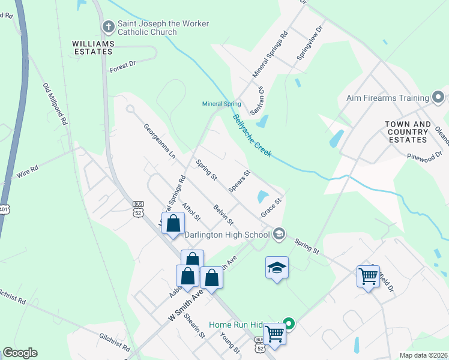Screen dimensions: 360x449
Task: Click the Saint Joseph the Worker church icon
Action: [x=108, y=26]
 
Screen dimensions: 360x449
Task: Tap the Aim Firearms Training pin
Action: [x=439, y=97]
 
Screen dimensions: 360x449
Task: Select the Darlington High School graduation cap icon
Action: [x=279, y=233]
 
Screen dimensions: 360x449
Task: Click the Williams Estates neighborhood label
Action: [x=92, y=47]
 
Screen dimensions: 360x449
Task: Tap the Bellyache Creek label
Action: [x=252, y=136]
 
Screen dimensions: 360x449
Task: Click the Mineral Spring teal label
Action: [x=221, y=104]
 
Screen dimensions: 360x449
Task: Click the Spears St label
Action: [x=239, y=182]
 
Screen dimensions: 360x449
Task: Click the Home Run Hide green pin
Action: [x=289, y=325]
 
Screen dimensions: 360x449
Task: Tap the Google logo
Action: [x=20, y=353]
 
